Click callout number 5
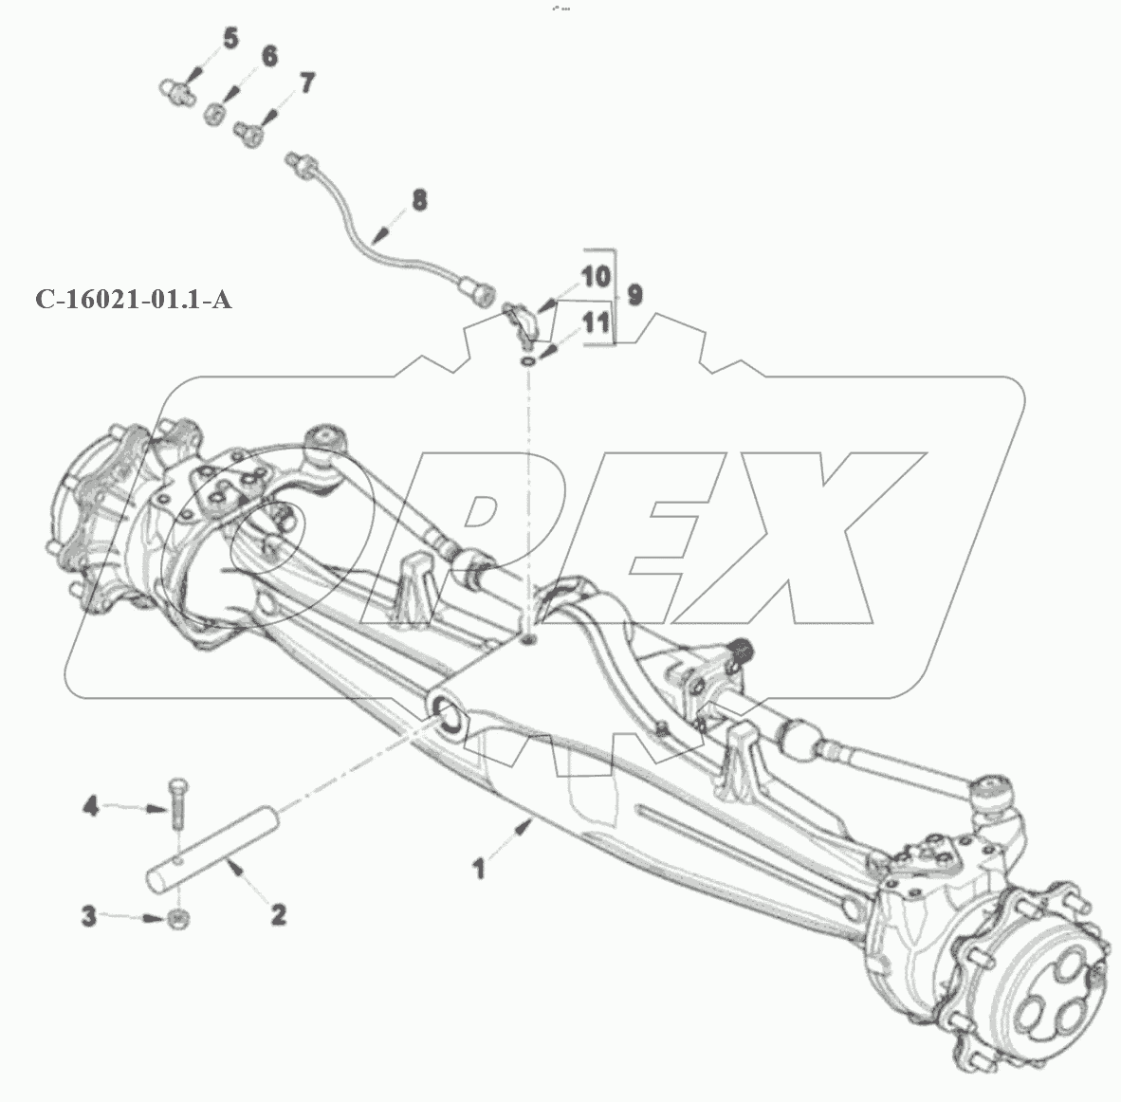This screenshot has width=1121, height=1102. click(230, 39)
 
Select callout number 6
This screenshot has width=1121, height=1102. click(268, 57)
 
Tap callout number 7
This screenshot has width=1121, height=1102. click(306, 83)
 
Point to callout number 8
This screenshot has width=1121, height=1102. click(419, 200)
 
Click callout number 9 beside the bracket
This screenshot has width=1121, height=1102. click(634, 295)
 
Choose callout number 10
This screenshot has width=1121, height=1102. click(596, 277)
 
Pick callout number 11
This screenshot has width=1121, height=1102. click(597, 323)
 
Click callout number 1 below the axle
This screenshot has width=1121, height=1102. click(478, 868)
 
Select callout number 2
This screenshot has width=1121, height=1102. click(278, 914)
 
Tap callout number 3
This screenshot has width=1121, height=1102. click(88, 916)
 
